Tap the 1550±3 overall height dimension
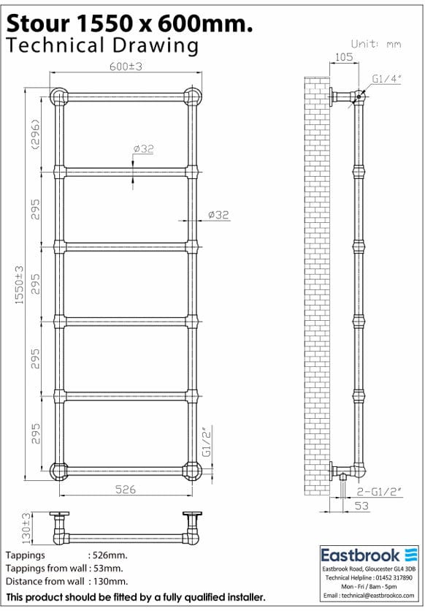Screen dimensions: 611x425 pyautogui.click(x=20, y=285)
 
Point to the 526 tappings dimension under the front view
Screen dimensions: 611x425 pyautogui.click(x=125, y=489)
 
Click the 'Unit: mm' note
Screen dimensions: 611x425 pyautogui.click(x=376, y=44)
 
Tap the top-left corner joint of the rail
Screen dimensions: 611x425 pyautogui.click(x=58, y=97)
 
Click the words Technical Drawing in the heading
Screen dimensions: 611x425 pyautogui.click(x=102, y=45)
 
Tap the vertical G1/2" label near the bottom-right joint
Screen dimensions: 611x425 pyautogui.click(x=207, y=441)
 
